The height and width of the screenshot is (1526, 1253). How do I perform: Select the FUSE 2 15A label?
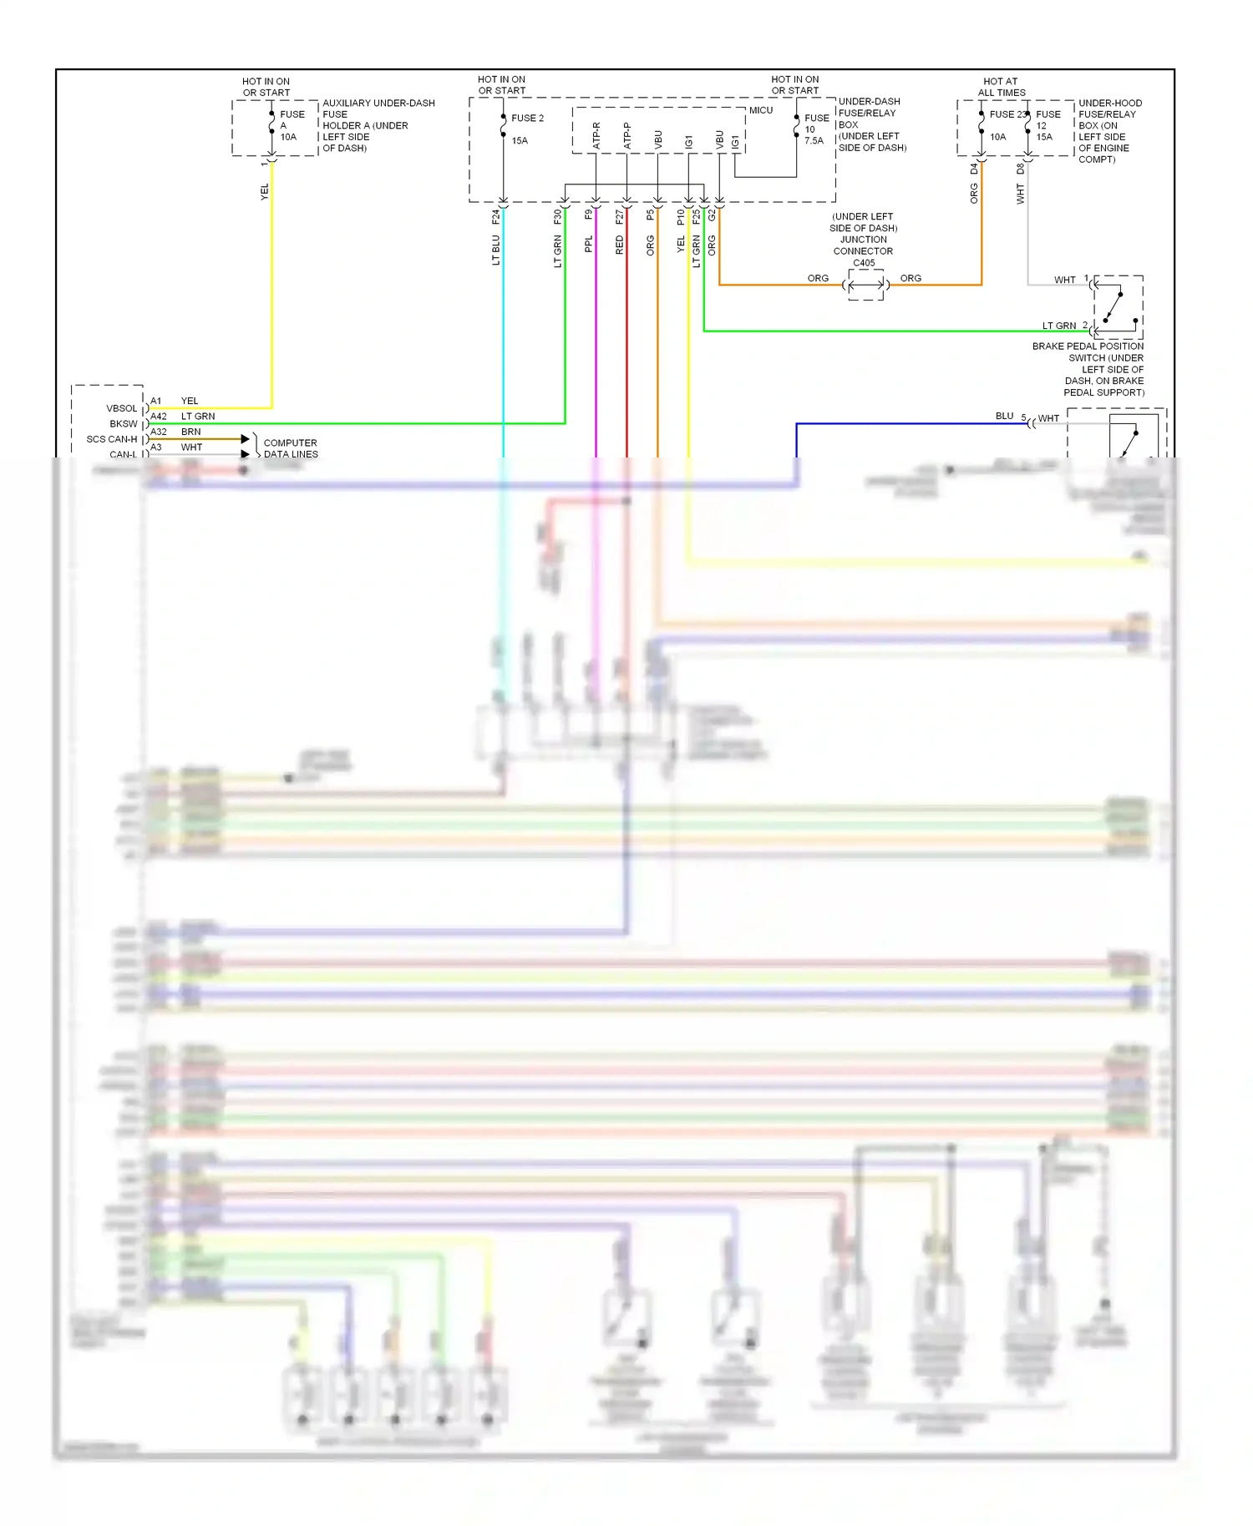526,129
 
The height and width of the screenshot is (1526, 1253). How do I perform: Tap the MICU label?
760,110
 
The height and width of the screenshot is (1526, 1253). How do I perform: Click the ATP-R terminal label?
596,136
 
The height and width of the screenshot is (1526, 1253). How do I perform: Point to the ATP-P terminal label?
627,136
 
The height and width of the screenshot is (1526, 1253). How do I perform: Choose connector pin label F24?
496,217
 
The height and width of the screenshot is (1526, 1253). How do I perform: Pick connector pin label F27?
620,217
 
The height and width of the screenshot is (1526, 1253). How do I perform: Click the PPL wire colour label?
589,244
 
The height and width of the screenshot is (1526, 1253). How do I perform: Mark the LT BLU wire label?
496,250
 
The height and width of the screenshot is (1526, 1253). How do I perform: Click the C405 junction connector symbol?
865,285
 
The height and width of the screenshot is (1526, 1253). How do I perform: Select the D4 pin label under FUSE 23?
974,169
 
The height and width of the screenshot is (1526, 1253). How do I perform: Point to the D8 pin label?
1021,169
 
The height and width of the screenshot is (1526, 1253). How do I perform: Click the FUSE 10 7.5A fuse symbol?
797,127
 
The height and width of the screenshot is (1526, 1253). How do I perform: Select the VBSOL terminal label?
121,408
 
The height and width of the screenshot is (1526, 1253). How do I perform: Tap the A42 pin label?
159,416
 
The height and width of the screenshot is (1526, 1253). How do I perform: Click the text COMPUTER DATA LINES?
291,448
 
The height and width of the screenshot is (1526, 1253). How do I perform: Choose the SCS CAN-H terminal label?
111,439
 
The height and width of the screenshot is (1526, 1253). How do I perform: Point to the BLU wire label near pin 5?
1004,416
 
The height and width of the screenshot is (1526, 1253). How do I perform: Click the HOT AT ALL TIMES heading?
1001,87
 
